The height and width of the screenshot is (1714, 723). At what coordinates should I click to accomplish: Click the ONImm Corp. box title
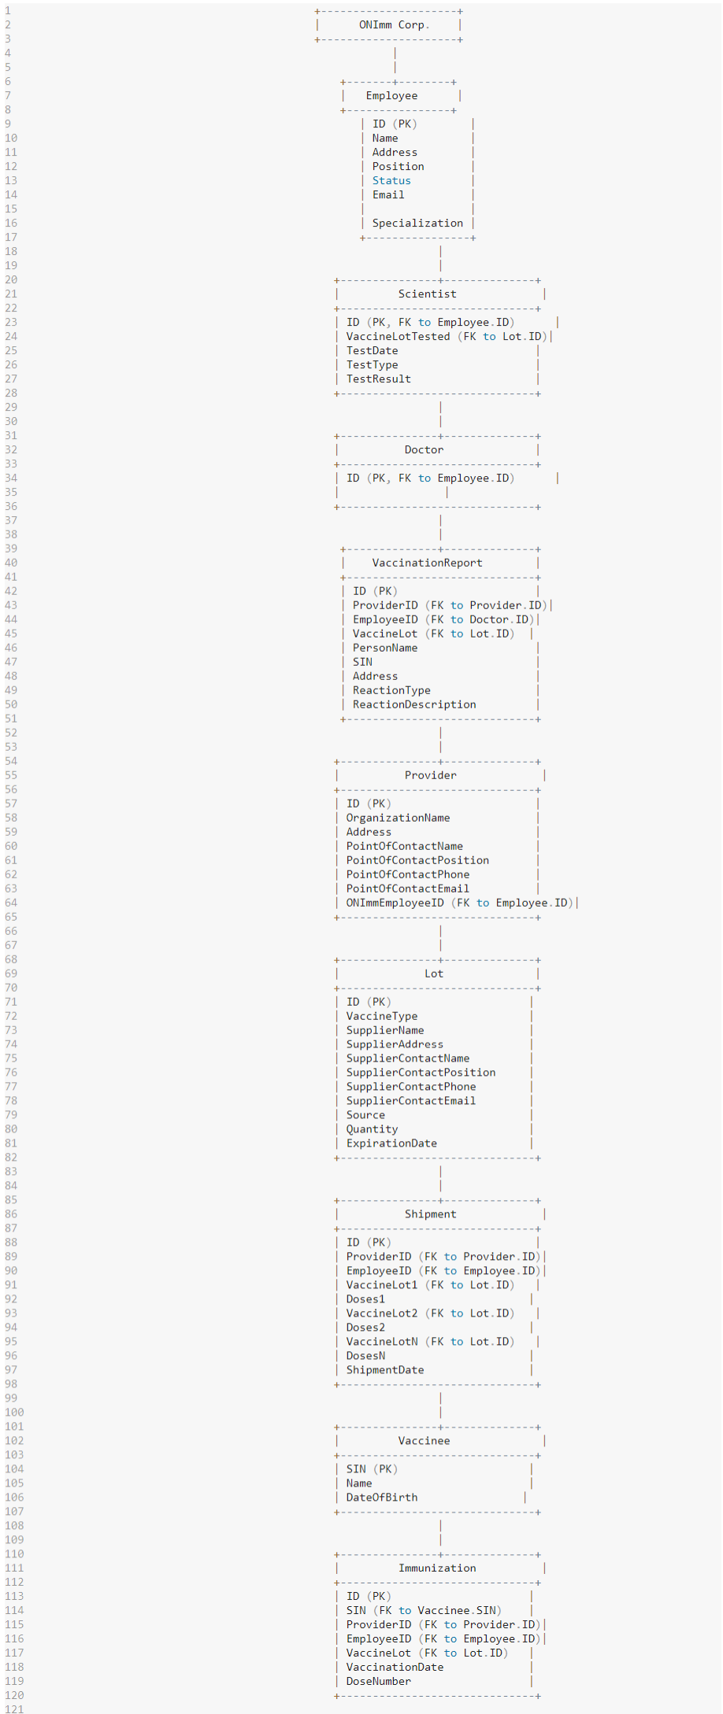(394, 25)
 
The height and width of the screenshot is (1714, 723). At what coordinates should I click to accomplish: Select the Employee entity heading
(391, 96)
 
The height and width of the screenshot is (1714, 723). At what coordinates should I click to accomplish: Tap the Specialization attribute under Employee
(417, 223)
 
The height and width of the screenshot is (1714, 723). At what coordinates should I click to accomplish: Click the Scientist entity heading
(427, 294)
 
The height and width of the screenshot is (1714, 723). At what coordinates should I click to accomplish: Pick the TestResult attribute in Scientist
(378, 379)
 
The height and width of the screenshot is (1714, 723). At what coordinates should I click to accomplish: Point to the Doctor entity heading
(424, 450)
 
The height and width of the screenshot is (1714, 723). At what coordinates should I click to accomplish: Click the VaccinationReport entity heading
(427, 563)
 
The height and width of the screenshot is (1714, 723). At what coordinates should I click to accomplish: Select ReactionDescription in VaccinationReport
(414, 705)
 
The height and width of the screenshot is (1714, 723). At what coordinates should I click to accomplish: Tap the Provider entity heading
(430, 776)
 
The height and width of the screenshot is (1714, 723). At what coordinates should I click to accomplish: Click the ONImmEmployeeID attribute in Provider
(395, 903)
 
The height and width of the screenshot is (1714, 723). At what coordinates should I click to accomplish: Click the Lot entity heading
(434, 974)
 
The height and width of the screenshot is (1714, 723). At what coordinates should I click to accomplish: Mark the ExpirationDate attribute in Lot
(391, 1144)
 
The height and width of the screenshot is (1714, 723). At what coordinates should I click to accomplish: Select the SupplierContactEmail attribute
(410, 1102)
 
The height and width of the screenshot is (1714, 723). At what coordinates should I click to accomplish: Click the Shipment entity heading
(430, 1215)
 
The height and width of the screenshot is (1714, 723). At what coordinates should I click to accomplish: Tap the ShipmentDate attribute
(385, 1371)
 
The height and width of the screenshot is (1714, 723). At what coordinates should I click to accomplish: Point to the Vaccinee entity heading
(424, 1442)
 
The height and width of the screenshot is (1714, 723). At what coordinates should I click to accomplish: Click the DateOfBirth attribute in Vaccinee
(382, 1498)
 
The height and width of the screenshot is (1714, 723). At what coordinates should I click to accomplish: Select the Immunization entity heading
(437, 1569)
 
